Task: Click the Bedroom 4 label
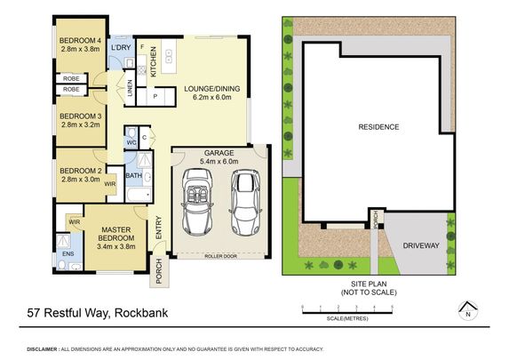coord(80,41)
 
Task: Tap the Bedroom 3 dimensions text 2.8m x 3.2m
coord(80,125)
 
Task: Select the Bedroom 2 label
coord(80,169)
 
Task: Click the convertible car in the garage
coord(197,200)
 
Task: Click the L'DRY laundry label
coord(121,46)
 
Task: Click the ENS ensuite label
coord(68,253)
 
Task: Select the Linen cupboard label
coord(130,87)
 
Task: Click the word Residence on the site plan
coord(378,126)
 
